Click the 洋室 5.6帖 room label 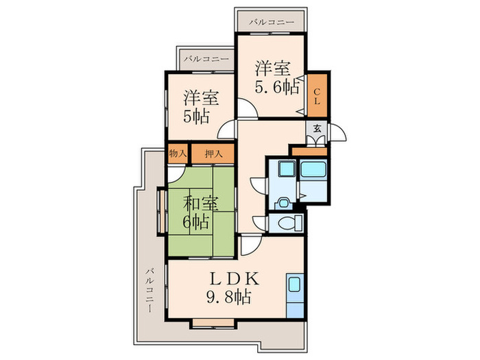coord(277,77)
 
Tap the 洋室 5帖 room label coord(200,107)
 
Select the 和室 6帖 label coord(200,213)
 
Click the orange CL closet coord(317,95)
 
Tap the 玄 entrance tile coord(317,129)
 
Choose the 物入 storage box coord(178,154)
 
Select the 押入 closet coord(213,154)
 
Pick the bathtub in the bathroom coord(313,169)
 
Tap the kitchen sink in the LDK coord(294,285)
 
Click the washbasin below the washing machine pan coord(283,204)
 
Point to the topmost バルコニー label coord(272,22)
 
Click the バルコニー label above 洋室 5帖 coord(206,58)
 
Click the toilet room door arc coord(259,221)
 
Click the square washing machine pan coord(287,169)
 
